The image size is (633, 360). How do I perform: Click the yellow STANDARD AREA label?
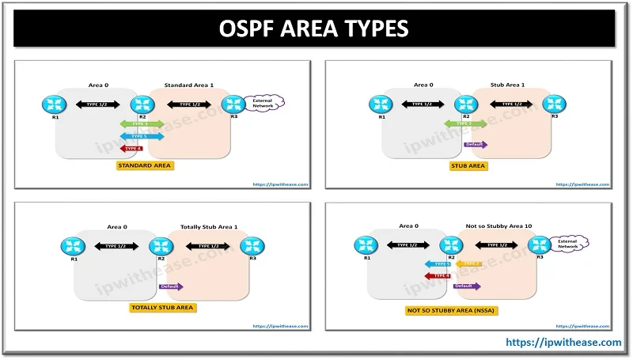pos(142,166)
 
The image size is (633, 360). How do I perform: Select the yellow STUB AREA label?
pos(468,166)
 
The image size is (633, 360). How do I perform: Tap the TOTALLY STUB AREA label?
pos(162,307)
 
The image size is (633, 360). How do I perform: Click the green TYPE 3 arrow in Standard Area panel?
pos(142,124)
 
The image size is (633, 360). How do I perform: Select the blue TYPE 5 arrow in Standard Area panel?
pos(142,136)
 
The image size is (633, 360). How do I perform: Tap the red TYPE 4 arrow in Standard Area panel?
pos(130,148)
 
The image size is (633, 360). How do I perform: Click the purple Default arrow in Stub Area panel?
pos(476,145)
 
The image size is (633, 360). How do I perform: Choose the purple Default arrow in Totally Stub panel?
pos(170,286)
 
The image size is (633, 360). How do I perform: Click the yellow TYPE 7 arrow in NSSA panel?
pos(469,263)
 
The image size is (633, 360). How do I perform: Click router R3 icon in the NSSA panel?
pos(540,244)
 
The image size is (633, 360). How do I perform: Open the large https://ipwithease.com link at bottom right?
pos(563,342)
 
